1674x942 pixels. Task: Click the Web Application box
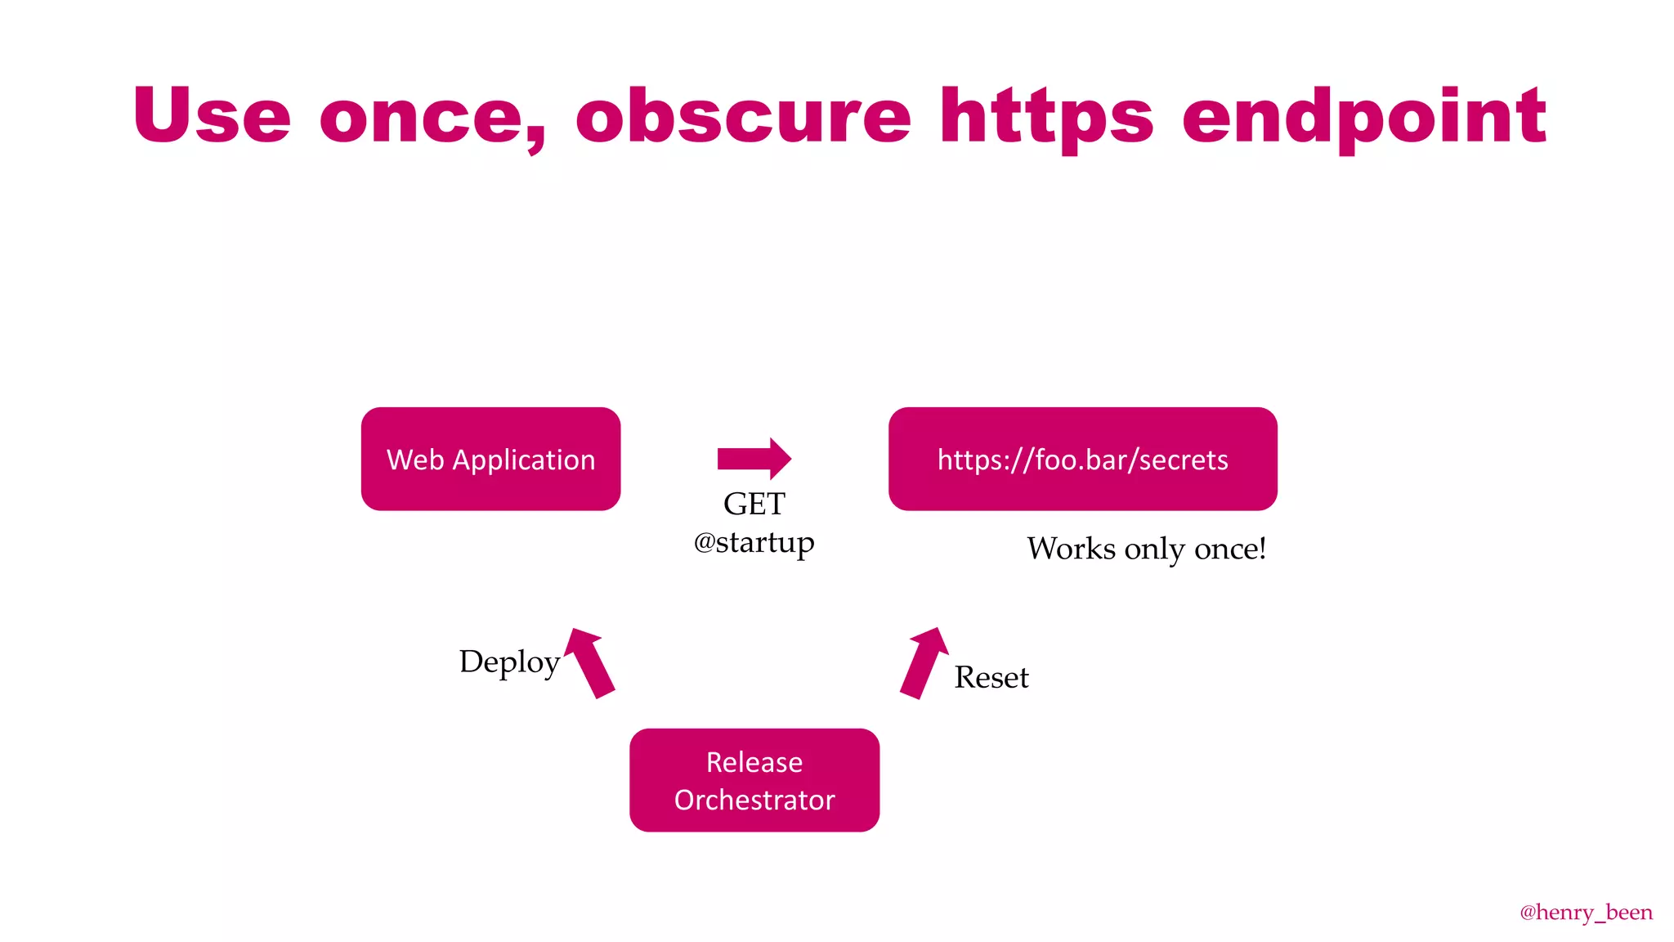coord(490,459)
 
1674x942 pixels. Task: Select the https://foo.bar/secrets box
coord(1082,459)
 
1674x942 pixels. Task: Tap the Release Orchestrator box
coord(754,780)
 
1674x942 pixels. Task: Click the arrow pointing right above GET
coord(754,459)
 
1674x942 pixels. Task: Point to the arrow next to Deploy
coord(591,662)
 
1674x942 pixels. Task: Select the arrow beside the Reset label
coord(924,663)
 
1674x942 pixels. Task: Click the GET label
coord(754,504)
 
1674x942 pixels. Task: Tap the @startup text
coord(754,542)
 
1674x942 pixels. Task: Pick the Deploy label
coord(509,662)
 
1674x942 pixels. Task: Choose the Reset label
coord(991,678)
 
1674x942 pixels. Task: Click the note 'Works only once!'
coord(1146,549)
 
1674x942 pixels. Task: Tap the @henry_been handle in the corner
coord(1585,912)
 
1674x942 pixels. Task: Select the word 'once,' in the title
coord(432,119)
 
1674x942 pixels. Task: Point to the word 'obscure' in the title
coord(743,116)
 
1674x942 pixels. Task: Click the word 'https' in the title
coord(1046,118)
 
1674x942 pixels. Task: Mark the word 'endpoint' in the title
coord(1363,118)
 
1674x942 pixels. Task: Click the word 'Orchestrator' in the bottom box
coord(754,800)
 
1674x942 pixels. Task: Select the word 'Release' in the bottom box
coord(754,762)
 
